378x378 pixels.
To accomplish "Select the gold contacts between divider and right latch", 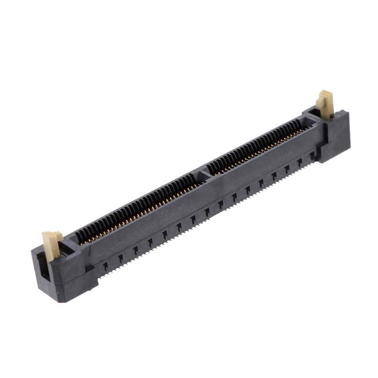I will coord(260,145).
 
